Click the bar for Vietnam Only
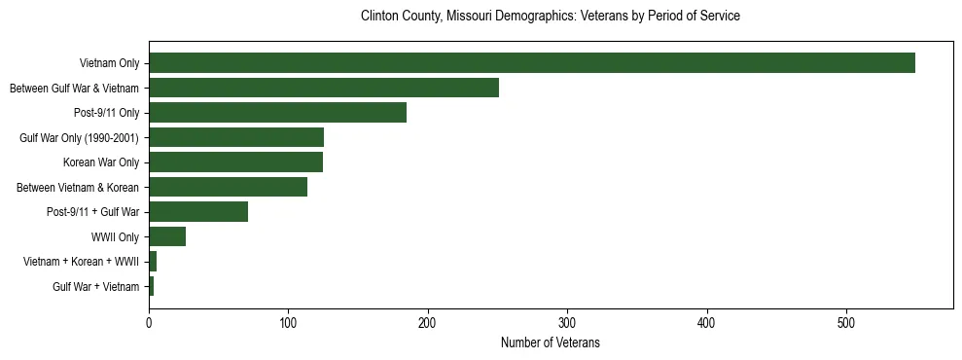pos(531,63)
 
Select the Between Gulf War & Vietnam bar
pos(323,88)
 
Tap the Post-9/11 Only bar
pos(277,113)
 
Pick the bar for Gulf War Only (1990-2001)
pos(235,137)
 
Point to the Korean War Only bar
pos(235,162)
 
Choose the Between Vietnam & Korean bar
pos(228,187)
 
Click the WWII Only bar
pos(167,236)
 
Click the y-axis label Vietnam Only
pos(109,64)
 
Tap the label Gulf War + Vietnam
pos(95,287)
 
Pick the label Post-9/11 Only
pos(106,113)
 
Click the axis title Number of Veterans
pos(550,342)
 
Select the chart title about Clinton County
pos(551,17)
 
